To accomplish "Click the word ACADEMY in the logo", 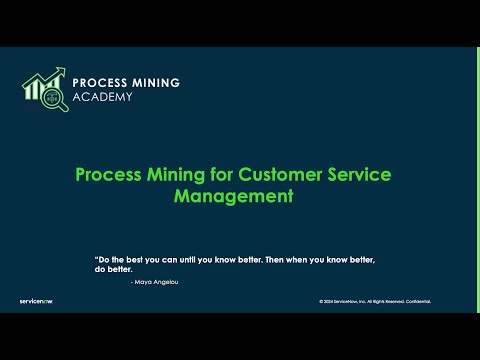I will [102, 98].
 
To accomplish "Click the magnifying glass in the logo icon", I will [54, 97].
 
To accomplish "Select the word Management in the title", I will [233, 196].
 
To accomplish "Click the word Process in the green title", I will [108, 174].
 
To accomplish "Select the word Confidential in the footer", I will [419, 301].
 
